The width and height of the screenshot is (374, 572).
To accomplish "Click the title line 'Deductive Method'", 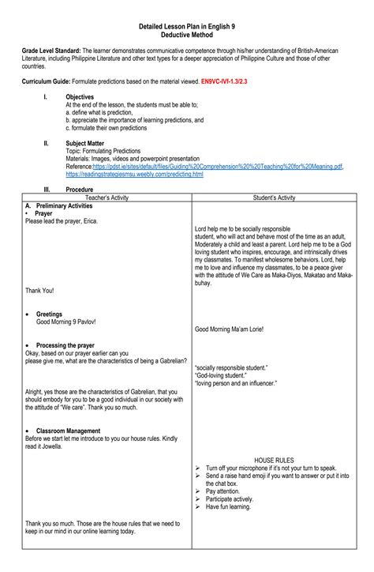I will coord(186,36).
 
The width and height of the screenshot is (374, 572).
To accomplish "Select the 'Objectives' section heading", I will coord(80,96).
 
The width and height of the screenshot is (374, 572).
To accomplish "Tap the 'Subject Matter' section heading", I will coord(87,143).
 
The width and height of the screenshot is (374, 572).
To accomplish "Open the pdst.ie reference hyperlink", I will coord(218,167).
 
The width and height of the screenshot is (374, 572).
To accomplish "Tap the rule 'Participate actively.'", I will coord(234,499).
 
